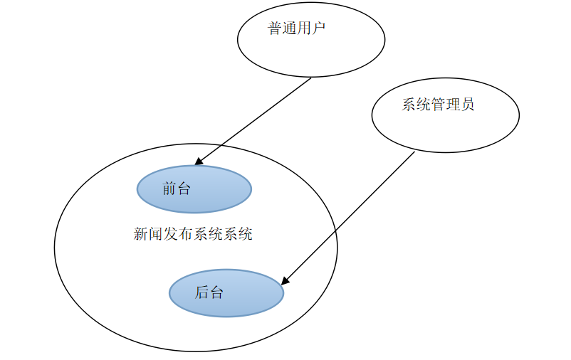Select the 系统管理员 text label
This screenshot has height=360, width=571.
(437, 105)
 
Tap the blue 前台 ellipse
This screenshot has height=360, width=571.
(194, 189)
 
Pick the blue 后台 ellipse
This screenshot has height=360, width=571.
(226, 292)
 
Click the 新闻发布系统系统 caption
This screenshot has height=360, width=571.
(193, 234)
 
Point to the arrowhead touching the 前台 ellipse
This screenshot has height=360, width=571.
(199, 162)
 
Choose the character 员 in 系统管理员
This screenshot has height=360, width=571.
(466, 105)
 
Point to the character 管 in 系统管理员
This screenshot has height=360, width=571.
(437, 105)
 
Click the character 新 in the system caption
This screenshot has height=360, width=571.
(141, 234)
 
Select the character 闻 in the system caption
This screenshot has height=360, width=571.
(156, 234)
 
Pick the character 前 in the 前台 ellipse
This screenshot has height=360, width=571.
(169, 189)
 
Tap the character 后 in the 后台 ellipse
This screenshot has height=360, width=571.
(201, 292)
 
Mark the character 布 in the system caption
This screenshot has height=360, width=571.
(185, 234)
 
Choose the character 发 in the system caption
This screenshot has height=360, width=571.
(171, 234)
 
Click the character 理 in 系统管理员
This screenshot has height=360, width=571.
(452, 105)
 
